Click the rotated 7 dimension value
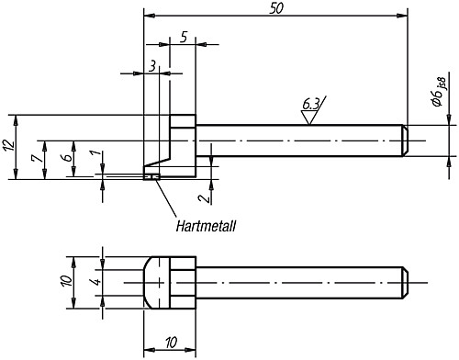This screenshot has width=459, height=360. click(x=34, y=159)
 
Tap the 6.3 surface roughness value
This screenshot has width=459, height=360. click(x=312, y=105)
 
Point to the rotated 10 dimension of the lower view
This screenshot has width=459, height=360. click(x=66, y=282)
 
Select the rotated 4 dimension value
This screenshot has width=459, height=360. click(x=94, y=282)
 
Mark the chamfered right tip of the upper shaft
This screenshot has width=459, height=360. click(x=403, y=141)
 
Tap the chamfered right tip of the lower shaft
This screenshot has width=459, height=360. click(x=403, y=282)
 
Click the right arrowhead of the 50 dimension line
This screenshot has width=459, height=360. click(x=403, y=16)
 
